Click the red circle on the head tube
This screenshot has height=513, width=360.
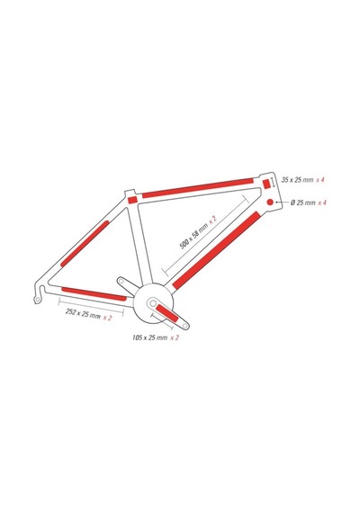(x=270, y=202)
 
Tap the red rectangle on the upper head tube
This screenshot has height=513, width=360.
(x=266, y=184)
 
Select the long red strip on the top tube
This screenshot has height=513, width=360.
(x=198, y=188)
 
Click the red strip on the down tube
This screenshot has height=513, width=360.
(x=216, y=250)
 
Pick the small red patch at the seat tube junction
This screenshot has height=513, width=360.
(x=132, y=200)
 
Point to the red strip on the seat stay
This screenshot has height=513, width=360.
(x=85, y=243)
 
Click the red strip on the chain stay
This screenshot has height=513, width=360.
(x=94, y=293)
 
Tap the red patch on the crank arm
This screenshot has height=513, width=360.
(x=167, y=313)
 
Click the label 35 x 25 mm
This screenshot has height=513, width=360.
(x=298, y=180)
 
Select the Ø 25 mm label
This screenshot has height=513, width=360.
(x=303, y=202)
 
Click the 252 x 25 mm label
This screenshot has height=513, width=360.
(x=83, y=314)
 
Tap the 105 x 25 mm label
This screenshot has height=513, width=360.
(x=150, y=337)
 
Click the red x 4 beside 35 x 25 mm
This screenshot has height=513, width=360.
(x=320, y=180)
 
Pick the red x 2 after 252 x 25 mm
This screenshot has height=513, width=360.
(x=107, y=318)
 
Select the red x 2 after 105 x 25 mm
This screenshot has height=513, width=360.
(x=175, y=337)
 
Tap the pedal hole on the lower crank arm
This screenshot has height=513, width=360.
(x=184, y=326)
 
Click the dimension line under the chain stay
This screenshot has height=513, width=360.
(x=91, y=307)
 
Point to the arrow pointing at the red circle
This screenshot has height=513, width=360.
(x=282, y=202)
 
